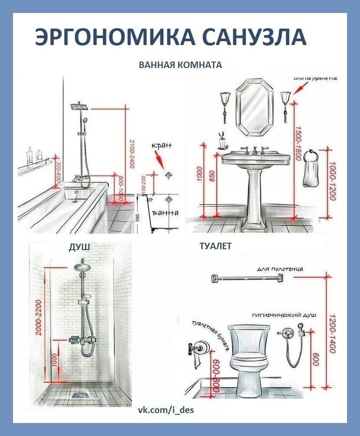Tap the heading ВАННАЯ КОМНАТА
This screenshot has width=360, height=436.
coord(180,65)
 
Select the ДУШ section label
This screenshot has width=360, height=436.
coord(79,247)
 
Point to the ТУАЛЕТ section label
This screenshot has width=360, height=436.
coord(216,247)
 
